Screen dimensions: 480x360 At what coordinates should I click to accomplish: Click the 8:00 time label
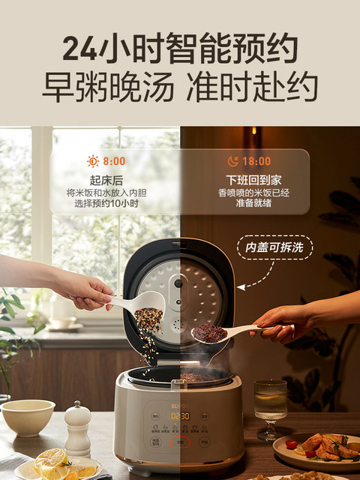click(x=115, y=160)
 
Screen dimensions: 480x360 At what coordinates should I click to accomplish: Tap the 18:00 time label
click(x=257, y=160)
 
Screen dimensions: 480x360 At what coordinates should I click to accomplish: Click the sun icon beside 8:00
click(x=93, y=160)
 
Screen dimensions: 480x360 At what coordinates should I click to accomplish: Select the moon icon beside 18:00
click(x=232, y=160)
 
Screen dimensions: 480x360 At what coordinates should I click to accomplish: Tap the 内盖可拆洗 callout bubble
click(x=274, y=247)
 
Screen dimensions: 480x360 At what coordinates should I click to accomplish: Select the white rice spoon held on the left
click(x=139, y=304)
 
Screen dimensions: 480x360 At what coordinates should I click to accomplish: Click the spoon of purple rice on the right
click(x=217, y=332)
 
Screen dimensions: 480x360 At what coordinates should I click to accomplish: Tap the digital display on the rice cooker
click(x=179, y=415)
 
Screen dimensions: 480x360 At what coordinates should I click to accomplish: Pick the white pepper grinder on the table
click(x=77, y=429)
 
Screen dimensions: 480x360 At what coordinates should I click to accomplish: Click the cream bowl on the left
click(x=27, y=417)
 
